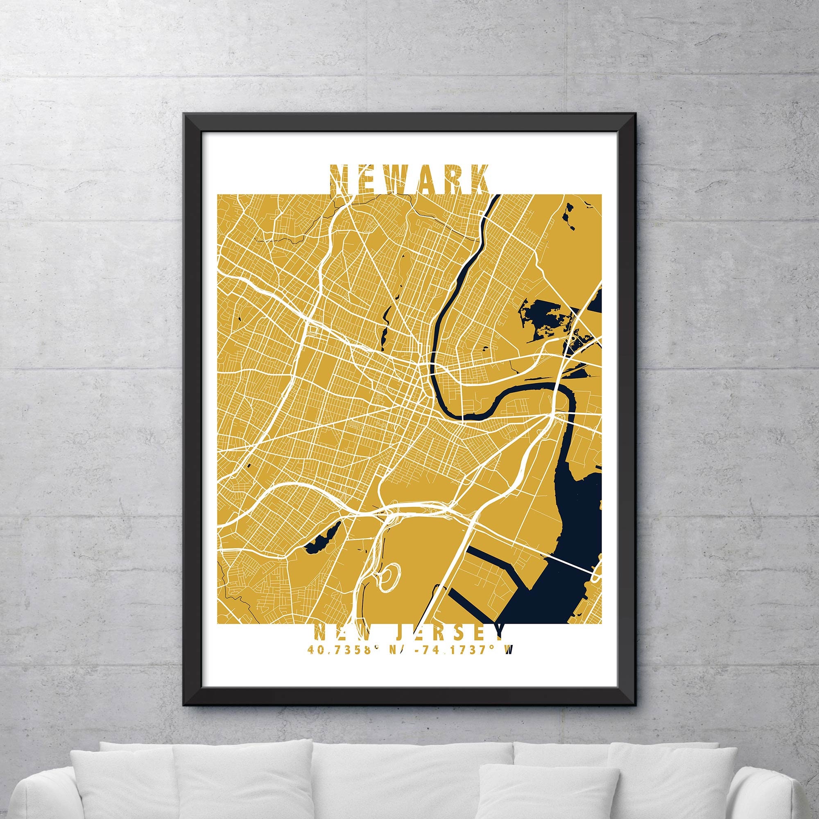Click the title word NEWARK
point(409,180)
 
